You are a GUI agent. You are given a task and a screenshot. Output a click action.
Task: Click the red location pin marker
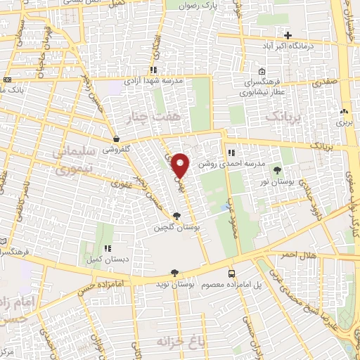[x=180, y=165]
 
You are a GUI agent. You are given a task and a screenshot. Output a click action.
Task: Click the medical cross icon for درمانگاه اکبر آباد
[x=288, y=35]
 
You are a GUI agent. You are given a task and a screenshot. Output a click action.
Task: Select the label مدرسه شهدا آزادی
[x=154, y=81]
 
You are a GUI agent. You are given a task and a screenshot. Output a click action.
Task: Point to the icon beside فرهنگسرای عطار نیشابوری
[x=262, y=71]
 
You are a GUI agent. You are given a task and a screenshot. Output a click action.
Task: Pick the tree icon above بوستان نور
[x=277, y=171]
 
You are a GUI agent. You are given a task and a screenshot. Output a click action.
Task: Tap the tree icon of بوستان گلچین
[x=176, y=216]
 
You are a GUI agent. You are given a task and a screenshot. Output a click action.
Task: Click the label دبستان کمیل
[x=108, y=258]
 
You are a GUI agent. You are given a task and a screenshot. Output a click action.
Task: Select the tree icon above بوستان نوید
[x=174, y=273]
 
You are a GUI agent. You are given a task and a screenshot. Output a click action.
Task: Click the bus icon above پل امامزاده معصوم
[x=231, y=274]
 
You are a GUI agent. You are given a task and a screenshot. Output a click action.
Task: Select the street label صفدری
[x=326, y=83]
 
